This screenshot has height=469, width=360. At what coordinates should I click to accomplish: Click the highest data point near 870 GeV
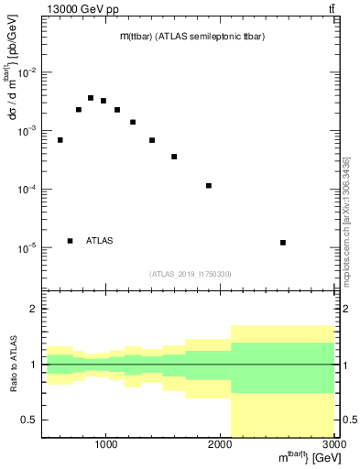click(91, 98)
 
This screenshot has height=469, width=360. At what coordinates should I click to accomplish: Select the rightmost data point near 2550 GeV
click(283, 243)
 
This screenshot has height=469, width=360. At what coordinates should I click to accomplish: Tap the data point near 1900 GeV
click(209, 186)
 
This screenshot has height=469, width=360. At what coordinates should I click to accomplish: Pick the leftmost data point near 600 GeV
click(60, 140)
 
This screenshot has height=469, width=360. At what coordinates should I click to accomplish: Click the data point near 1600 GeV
click(174, 157)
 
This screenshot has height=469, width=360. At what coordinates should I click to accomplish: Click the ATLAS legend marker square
click(70, 241)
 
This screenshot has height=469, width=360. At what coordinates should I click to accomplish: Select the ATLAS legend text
click(100, 241)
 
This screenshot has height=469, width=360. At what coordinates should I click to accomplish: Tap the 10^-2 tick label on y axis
click(27, 72)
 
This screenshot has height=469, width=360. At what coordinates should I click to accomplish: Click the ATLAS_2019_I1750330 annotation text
click(191, 274)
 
